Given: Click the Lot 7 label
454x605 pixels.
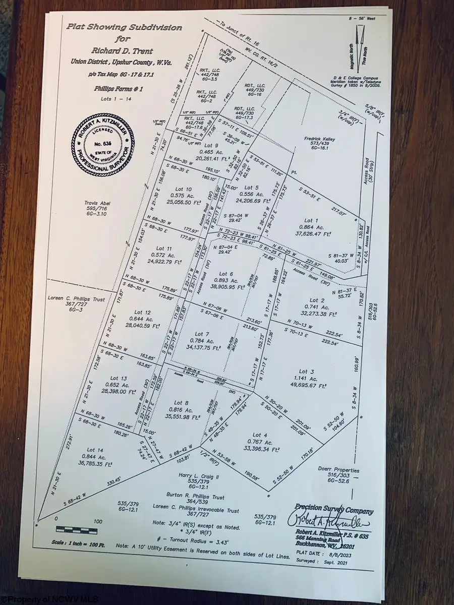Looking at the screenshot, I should coord(201,334).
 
